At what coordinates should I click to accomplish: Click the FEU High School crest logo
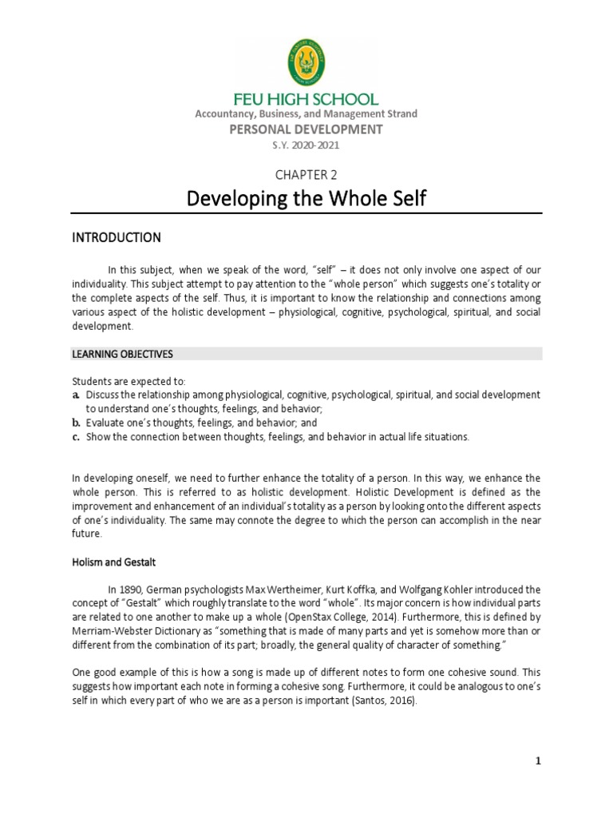click(306, 66)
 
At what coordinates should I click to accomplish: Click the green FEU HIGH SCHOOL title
click(306, 100)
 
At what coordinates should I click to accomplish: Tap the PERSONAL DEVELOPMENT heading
click(306, 129)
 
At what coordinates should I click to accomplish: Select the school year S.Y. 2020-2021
click(306, 145)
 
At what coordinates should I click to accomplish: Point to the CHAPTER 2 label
click(306, 175)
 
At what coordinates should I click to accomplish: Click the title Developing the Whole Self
click(306, 198)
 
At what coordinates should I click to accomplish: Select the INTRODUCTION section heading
click(117, 238)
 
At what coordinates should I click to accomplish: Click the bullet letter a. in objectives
click(75, 395)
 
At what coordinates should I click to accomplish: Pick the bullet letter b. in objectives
click(75, 423)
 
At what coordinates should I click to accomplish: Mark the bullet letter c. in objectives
click(75, 437)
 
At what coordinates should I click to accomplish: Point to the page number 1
click(539, 761)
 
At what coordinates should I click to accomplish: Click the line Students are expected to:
click(129, 381)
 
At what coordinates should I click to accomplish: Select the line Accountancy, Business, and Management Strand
click(306, 114)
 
